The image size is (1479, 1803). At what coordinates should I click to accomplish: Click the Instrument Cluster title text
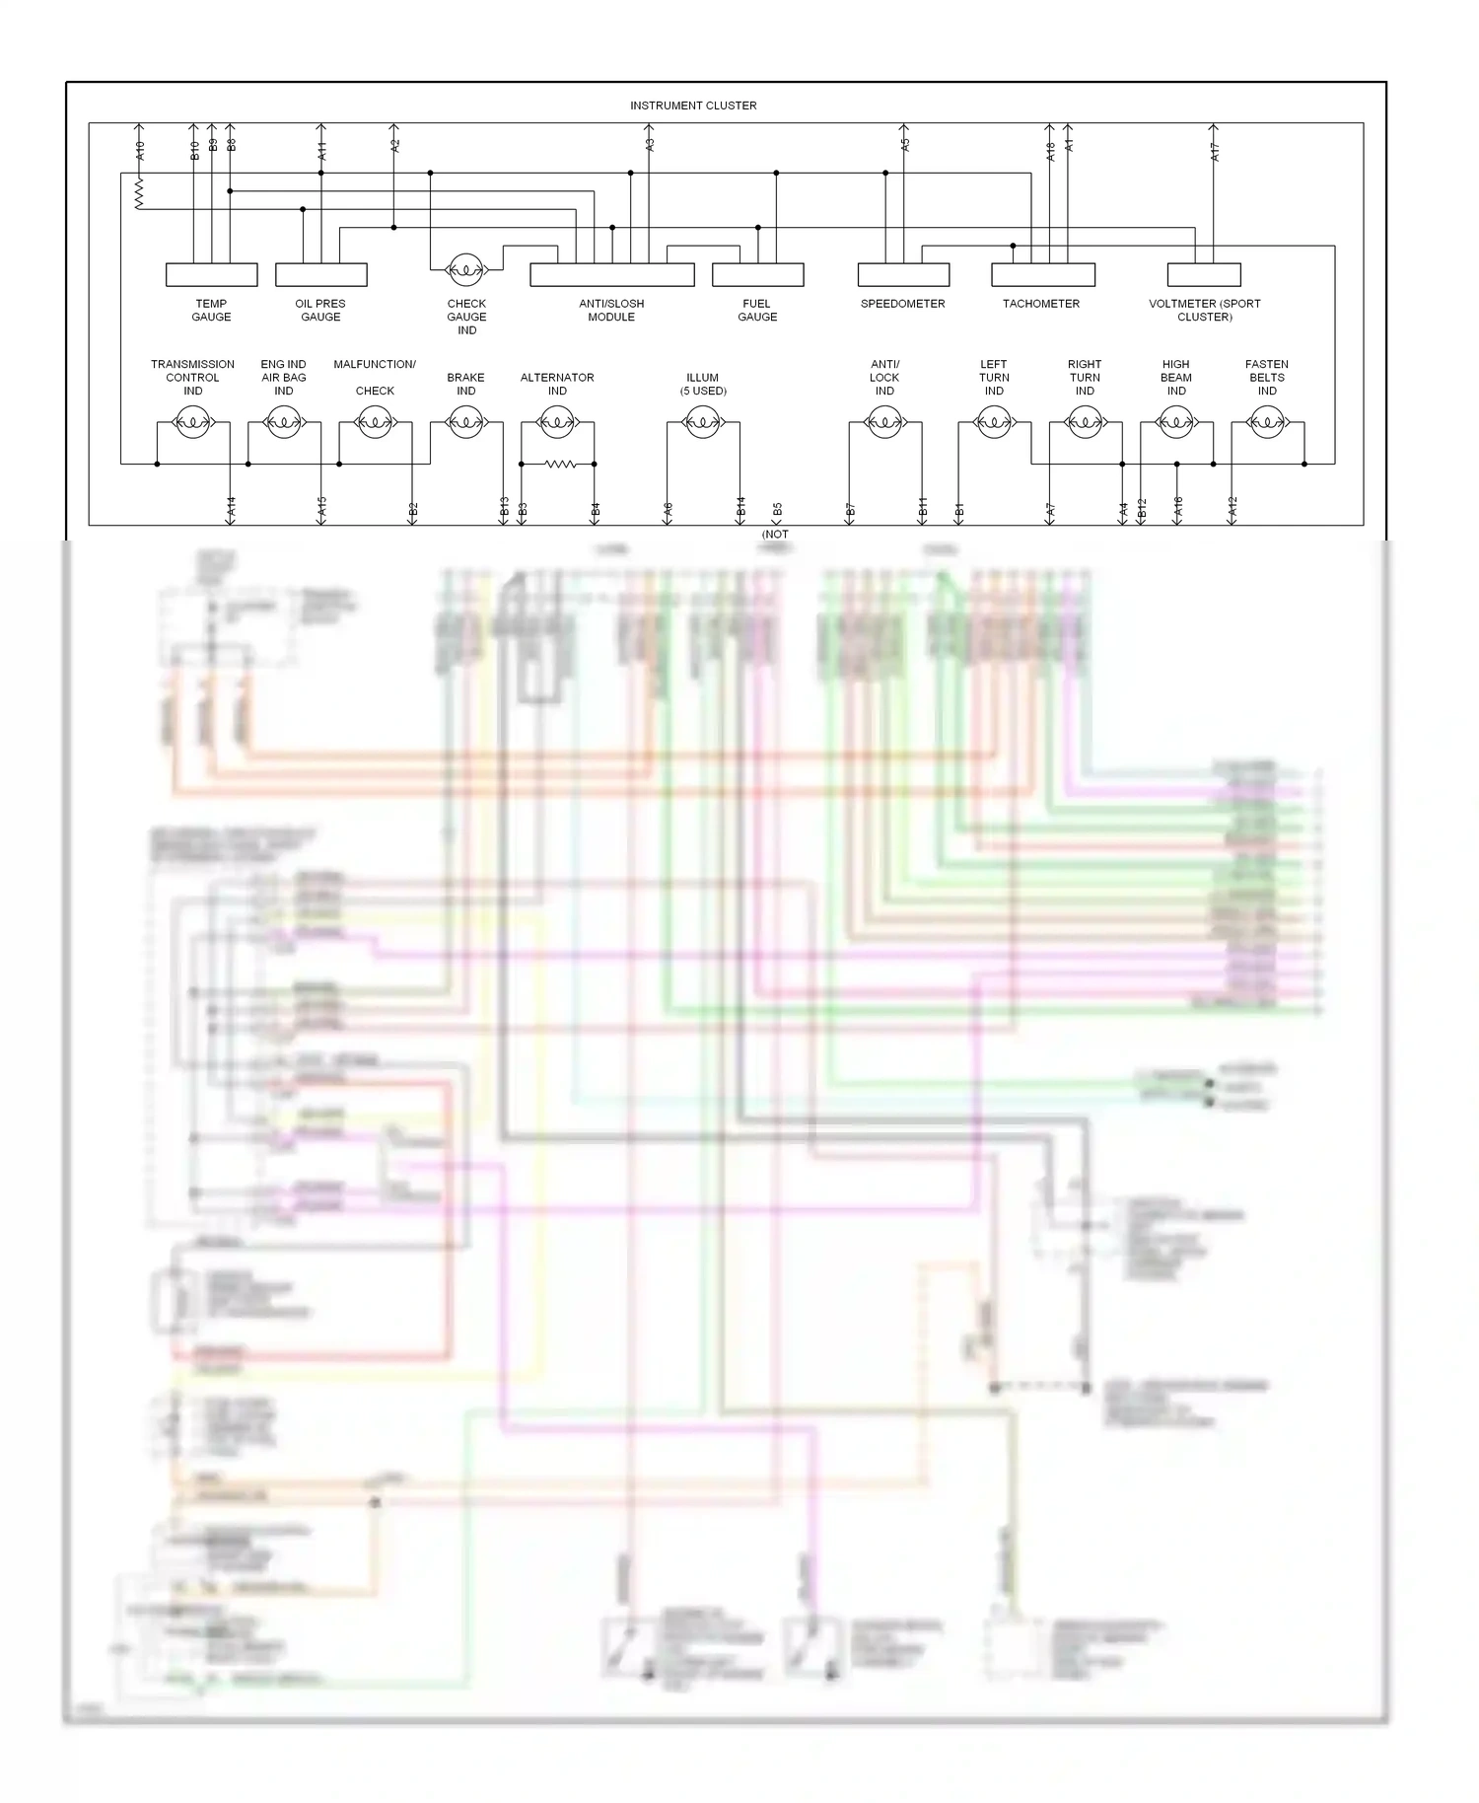click(693, 106)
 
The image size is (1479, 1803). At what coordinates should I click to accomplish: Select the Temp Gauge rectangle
click(211, 274)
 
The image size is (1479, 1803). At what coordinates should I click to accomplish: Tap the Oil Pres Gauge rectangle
click(320, 274)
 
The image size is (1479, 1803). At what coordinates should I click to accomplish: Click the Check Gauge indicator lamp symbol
click(465, 268)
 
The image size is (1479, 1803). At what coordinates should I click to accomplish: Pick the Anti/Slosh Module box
click(611, 274)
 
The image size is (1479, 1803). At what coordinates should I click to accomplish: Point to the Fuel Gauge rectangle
click(757, 274)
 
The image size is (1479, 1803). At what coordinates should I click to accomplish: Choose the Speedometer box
click(903, 274)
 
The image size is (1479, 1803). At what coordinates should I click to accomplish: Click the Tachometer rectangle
click(1042, 274)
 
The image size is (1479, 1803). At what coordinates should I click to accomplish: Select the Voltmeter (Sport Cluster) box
click(1204, 274)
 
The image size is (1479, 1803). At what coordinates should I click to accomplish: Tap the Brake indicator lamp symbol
click(465, 423)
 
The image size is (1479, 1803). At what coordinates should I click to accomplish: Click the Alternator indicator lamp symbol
click(557, 423)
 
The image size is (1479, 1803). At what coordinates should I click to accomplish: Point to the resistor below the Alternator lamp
click(559, 464)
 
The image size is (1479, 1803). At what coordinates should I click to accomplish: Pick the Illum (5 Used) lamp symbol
click(702, 423)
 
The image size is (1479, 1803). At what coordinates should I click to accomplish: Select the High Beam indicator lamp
click(1176, 423)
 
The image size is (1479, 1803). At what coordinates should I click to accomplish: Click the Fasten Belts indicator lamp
click(1267, 423)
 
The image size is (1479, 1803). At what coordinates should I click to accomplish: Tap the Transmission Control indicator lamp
click(192, 423)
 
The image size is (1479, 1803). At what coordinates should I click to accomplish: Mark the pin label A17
click(1215, 151)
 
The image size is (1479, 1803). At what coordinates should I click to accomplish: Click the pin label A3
click(650, 144)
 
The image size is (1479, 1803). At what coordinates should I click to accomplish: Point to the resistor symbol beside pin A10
click(139, 192)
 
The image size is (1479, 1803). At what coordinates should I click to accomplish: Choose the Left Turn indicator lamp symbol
click(994, 423)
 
